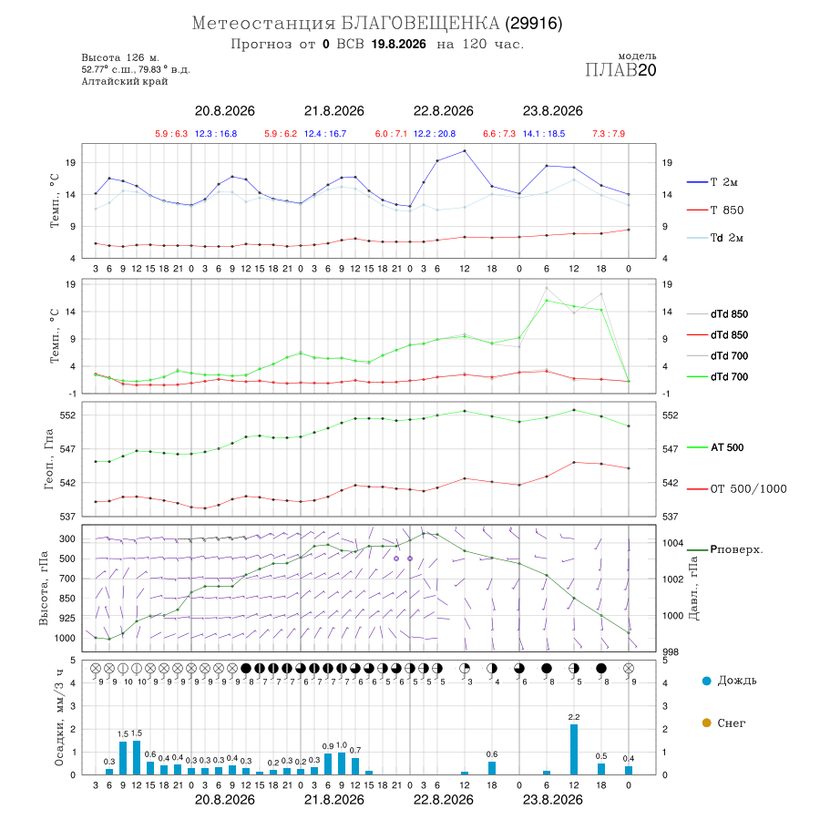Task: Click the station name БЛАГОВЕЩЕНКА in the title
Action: pos(420,24)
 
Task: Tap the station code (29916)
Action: pos(534,24)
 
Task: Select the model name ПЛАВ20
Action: pos(620,70)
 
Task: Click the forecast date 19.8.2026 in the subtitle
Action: pos(399,45)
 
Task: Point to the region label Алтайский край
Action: pos(125,81)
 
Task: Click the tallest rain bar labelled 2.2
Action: pos(574,749)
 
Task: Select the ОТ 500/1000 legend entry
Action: pos(736,489)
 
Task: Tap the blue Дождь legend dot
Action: pos(706,681)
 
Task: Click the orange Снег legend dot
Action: pos(706,723)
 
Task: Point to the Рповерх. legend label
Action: pos(736,549)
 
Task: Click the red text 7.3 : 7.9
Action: pos(609,134)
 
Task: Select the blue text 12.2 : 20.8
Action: pos(434,134)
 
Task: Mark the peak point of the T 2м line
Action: pos(465,151)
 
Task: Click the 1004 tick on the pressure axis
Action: pos(672,543)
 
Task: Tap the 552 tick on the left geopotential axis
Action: pos(69,415)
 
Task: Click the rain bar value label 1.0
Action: pos(342,745)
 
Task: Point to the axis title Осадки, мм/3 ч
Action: pos(58,718)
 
